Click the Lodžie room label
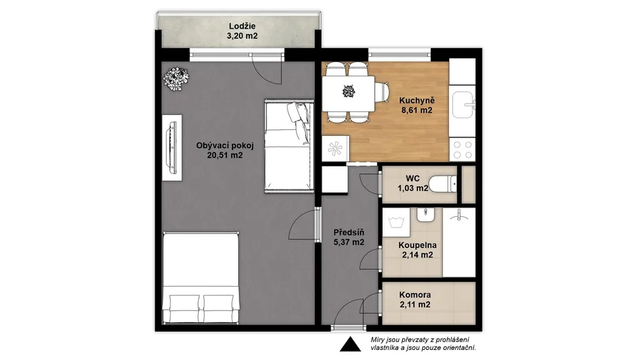click(x=242, y=26)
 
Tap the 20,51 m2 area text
click(x=225, y=155)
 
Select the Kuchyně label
click(x=417, y=101)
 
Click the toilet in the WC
click(x=443, y=184)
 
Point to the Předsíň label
click(x=349, y=232)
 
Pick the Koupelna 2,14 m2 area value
click(x=417, y=255)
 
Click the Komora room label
click(x=415, y=295)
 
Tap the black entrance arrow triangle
click(x=350, y=344)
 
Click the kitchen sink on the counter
click(x=463, y=104)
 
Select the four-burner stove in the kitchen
click(x=462, y=149)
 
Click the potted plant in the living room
click(x=176, y=78)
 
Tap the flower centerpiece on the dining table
click(x=349, y=91)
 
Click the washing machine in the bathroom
click(x=396, y=222)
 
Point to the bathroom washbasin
click(x=426, y=214)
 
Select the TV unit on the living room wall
click(x=172, y=147)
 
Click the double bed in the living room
click(x=201, y=278)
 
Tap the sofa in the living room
click(x=289, y=146)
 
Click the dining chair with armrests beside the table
click(x=382, y=94)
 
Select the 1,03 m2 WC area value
click(x=413, y=188)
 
